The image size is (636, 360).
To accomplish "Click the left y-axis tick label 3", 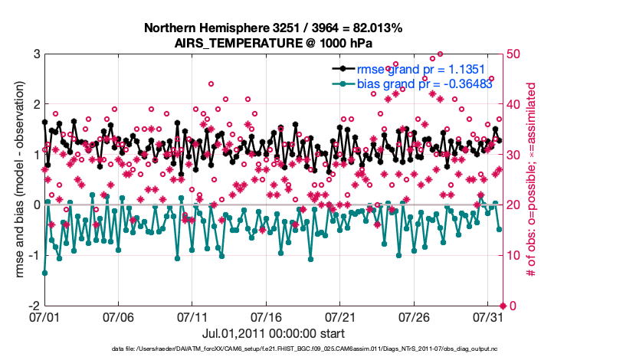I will coord(36,54).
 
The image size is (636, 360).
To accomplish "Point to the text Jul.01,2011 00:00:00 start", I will coord(274,333).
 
